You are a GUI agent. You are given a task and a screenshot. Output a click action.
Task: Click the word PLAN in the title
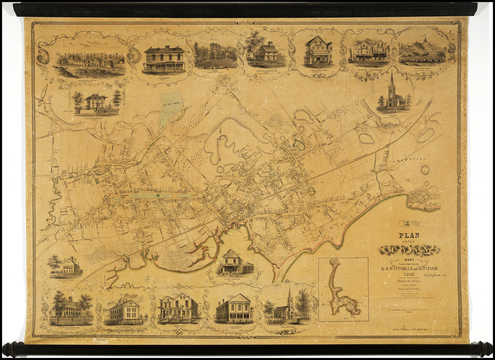click(x=408, y=236)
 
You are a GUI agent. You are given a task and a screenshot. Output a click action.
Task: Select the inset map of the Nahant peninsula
click(x=343, y=289)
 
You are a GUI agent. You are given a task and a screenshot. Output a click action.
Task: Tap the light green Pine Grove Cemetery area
click(x=170, y=108)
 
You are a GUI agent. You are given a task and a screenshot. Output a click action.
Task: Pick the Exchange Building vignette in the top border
click(x=164, y=59)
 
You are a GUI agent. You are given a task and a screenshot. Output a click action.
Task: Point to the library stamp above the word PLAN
click(x=409, y=224)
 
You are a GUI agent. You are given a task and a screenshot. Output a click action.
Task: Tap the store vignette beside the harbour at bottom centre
click(x=232, y=264)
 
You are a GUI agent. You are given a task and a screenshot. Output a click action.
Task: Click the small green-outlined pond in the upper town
click(x=300, y=144)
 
